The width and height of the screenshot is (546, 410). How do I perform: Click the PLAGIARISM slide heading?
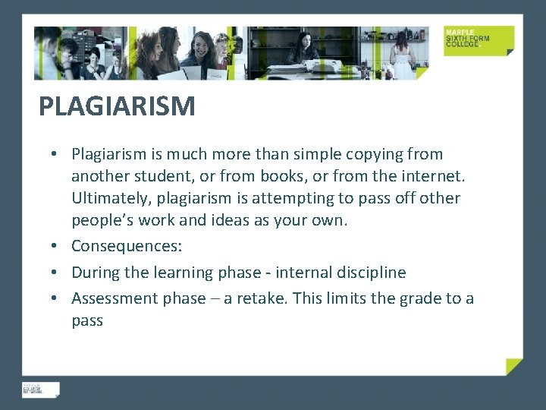coord(117,106)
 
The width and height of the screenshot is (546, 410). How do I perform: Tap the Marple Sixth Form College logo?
coord(479,40)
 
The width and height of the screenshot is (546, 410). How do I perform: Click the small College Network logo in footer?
coord(40,389)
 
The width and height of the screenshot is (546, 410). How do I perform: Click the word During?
coord(96,272)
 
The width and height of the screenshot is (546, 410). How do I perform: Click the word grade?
coord(406,298)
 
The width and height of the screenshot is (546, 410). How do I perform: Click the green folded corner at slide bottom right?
coord(515,367)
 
